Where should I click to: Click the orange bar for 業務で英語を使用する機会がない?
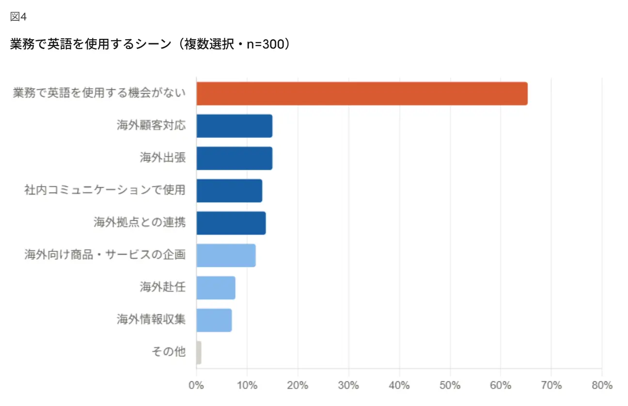click(361, 94)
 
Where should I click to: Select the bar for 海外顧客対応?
click(234, 126)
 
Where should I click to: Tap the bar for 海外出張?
click(234, 158)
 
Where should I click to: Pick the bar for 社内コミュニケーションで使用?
click(229, 191)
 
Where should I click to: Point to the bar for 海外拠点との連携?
click(231, 223)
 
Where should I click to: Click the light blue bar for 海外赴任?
click(216, 288)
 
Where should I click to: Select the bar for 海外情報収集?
click(214, 320)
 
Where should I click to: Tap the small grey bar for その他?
click(199, 353)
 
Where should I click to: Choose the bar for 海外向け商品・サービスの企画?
click(226, 256)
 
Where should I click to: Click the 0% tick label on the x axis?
click(196, 386)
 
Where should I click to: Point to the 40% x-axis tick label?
click(399, 386)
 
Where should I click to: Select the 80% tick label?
click(601, 386)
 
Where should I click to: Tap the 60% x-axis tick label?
click(500, 386)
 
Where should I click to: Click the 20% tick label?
click(298, 386)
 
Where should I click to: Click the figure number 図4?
click(18, 17)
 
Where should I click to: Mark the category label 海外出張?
click(163, 158)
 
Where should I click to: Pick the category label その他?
click(169, 352)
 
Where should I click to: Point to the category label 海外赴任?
click(163, 288)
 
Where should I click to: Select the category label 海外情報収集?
click(151, 320)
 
